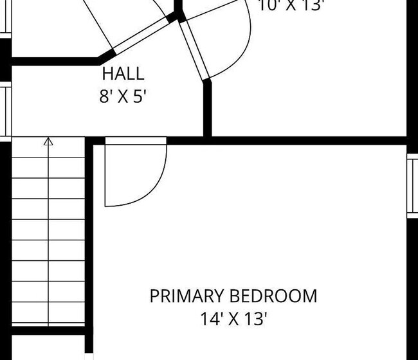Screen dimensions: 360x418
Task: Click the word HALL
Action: pos(123,73)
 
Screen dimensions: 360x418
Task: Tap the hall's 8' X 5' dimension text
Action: pos(122,97)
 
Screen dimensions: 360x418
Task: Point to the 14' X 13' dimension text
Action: pos(233,318)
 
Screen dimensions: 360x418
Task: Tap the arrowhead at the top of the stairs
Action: pos(48,141)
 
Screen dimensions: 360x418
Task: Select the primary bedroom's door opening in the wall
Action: pos(136,141)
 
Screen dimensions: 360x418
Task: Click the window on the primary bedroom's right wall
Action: pos(412,186)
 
